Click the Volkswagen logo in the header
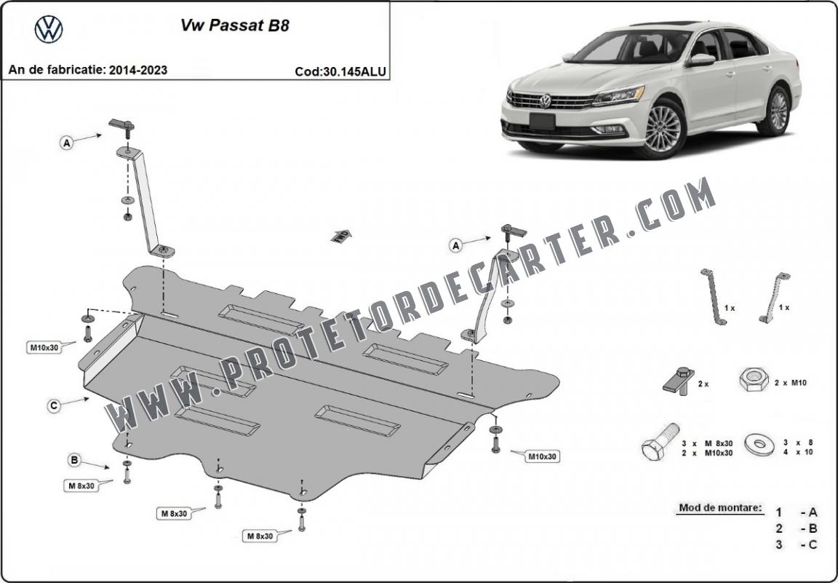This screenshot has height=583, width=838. pos(49,29)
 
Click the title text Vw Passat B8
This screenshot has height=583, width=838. pos(235,25)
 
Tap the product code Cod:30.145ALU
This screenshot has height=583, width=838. pos(340,71)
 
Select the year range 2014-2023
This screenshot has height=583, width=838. pos(138,70)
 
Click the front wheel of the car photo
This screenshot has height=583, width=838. pos(663,128)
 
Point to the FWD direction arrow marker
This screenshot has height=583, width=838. pos(341,235)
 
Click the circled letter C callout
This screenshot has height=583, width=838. pos(53,406)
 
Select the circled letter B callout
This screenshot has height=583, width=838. pos(74,460)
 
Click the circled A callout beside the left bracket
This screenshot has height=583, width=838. pos(66,143)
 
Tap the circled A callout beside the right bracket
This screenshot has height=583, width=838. pos(455,245)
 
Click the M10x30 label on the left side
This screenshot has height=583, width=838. pos(44,348)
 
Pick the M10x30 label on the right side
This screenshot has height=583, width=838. pos(543,457)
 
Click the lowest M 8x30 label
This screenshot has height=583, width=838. pos(260,536)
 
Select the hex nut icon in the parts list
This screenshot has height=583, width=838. pos(754,379)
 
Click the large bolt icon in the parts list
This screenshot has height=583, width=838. pos(660,442)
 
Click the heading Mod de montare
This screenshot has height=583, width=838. pos(720,507)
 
